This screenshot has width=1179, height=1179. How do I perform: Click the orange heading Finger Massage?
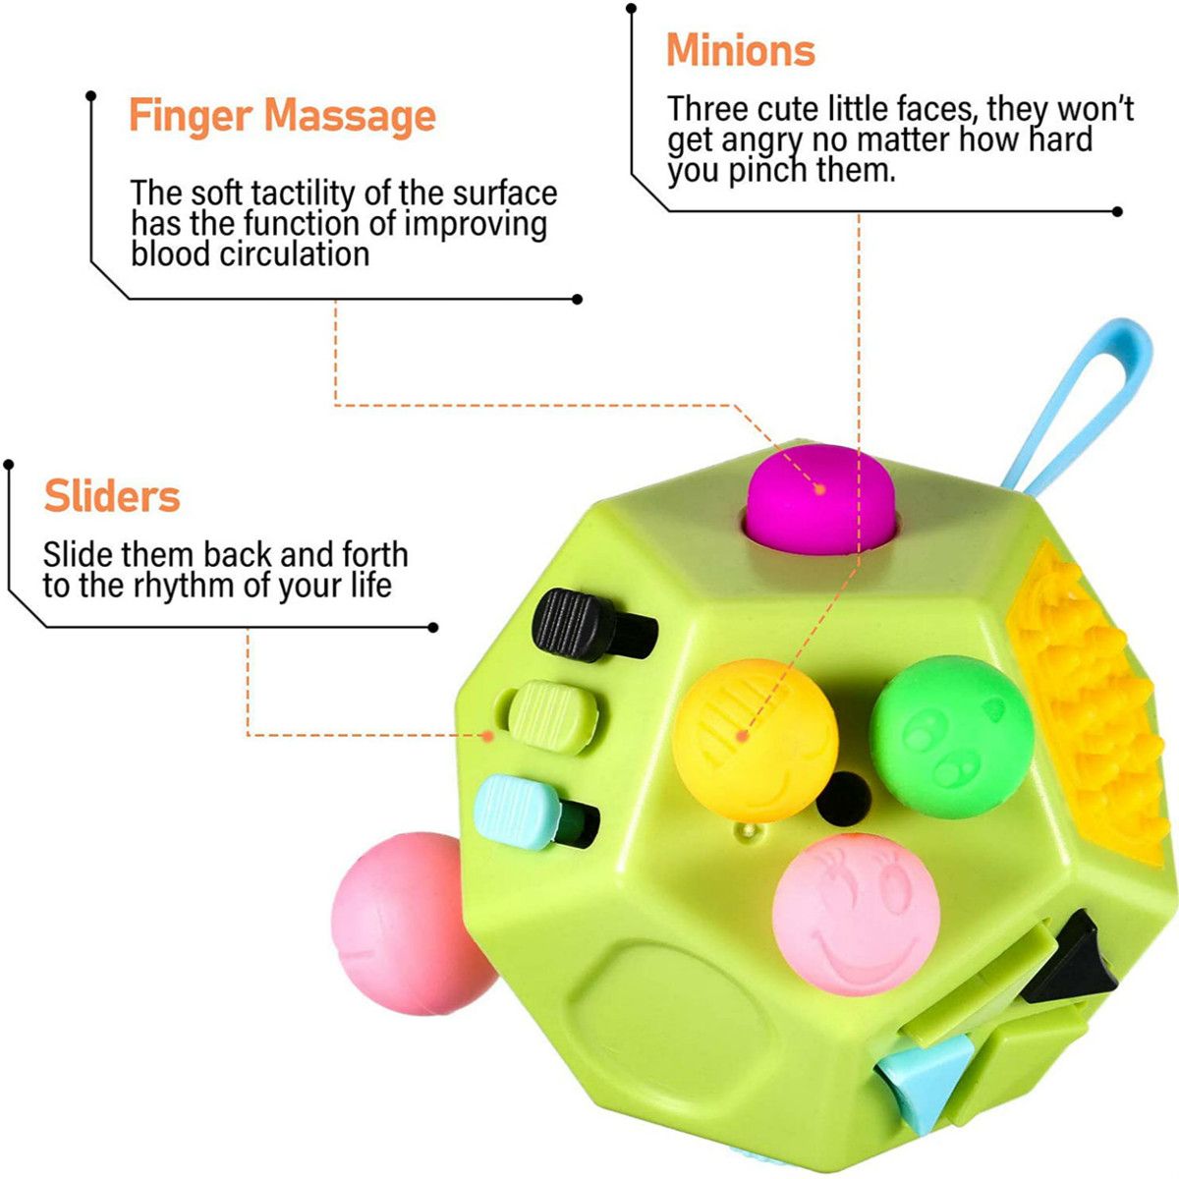click(x=282, y=115)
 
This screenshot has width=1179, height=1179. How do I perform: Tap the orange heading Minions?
click(x=741, y=50)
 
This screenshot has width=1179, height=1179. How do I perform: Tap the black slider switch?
click(x=593, y=625)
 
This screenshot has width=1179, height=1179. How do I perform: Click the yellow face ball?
click(x=755, y=741)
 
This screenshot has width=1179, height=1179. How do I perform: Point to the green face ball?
click(x=951, y=737)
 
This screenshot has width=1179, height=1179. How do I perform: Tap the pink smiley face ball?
click(x=856, y=923)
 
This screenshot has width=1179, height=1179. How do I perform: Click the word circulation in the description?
click(x=295, y=253)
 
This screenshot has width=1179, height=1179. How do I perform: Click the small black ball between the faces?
click(x=843, y=799)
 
